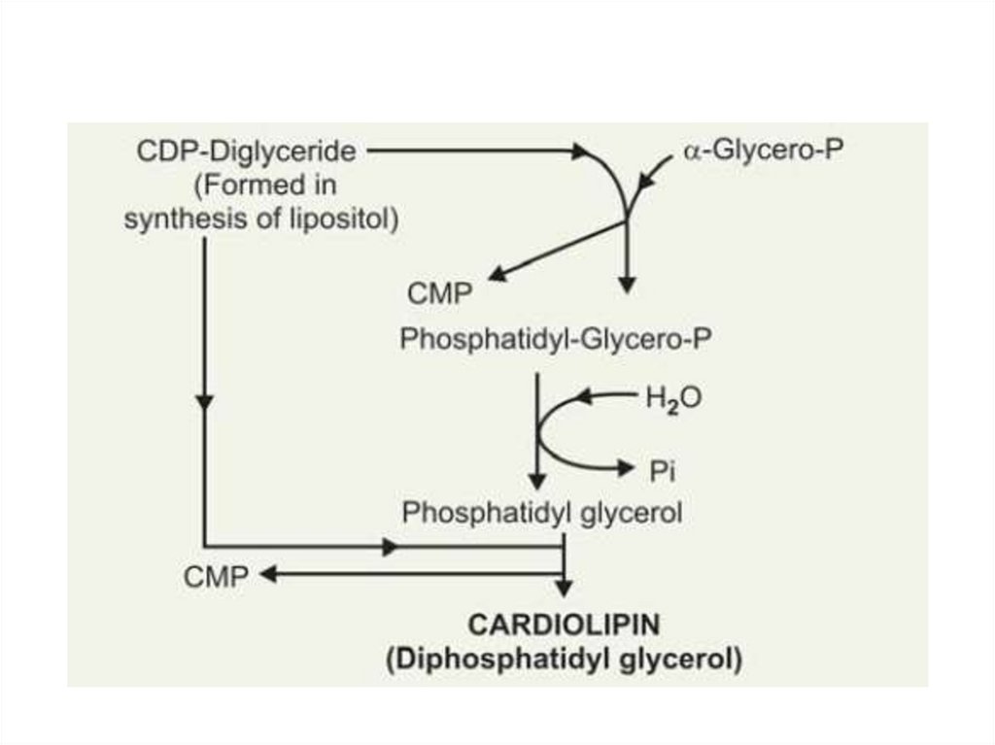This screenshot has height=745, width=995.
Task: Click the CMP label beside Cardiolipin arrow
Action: [x=215, y=575]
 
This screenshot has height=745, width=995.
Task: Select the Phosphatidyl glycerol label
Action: [x=542, y=513]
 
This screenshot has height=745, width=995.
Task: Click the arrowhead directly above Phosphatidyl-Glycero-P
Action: [x=627, y=284]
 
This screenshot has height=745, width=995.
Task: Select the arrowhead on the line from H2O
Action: [x=585, y=396]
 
